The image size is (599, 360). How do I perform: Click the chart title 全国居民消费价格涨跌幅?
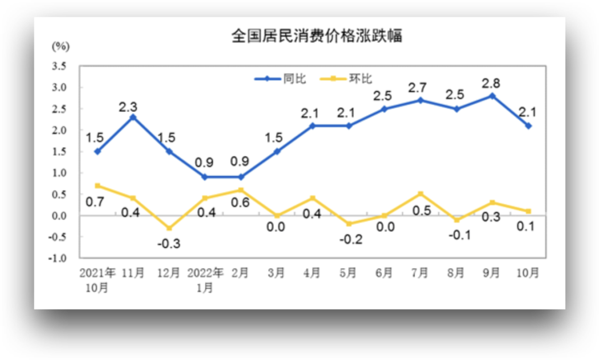(316, 37)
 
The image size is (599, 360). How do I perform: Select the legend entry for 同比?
(280, 79)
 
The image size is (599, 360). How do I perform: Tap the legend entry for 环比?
(347, 79)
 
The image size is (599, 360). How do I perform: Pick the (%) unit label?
(60, 46)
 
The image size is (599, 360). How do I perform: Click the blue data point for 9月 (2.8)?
(493, 96)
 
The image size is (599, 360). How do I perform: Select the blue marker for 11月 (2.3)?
(133, 117)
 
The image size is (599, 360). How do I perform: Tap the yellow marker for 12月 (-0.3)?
(169, 228)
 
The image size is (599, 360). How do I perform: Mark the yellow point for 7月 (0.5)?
(420, 194)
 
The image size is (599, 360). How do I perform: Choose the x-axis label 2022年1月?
(205, 280)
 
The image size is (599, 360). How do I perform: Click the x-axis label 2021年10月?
(98, 280)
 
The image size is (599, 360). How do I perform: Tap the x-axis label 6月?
(384, 273)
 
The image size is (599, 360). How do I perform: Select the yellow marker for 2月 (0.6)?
(241, 190)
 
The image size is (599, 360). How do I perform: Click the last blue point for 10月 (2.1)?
(528, 126)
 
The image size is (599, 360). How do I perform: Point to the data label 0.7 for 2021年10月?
(95, 202)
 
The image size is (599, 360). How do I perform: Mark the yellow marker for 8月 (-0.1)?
(456, 220)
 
